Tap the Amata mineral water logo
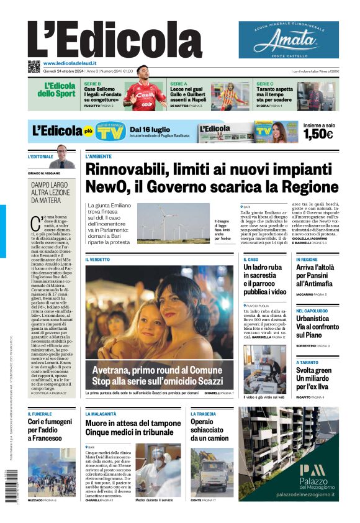289,40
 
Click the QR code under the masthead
34,66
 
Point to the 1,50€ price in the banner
318,134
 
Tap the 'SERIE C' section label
265,83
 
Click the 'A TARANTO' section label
307,362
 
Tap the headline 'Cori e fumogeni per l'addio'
52,429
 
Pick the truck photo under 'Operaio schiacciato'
212,471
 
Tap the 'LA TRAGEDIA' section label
203,414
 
